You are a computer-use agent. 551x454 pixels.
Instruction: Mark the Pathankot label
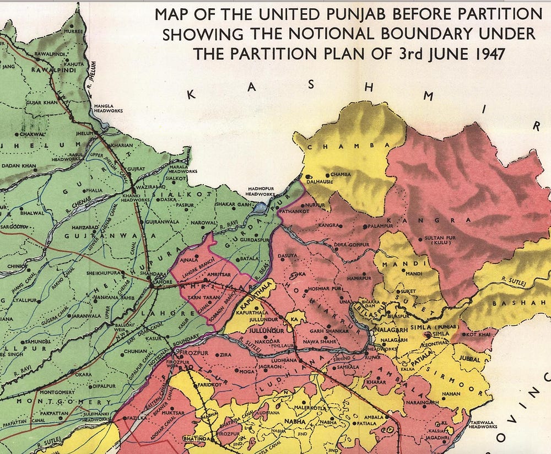coord(293,210)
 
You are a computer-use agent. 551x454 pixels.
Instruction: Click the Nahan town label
coord(451,393)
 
